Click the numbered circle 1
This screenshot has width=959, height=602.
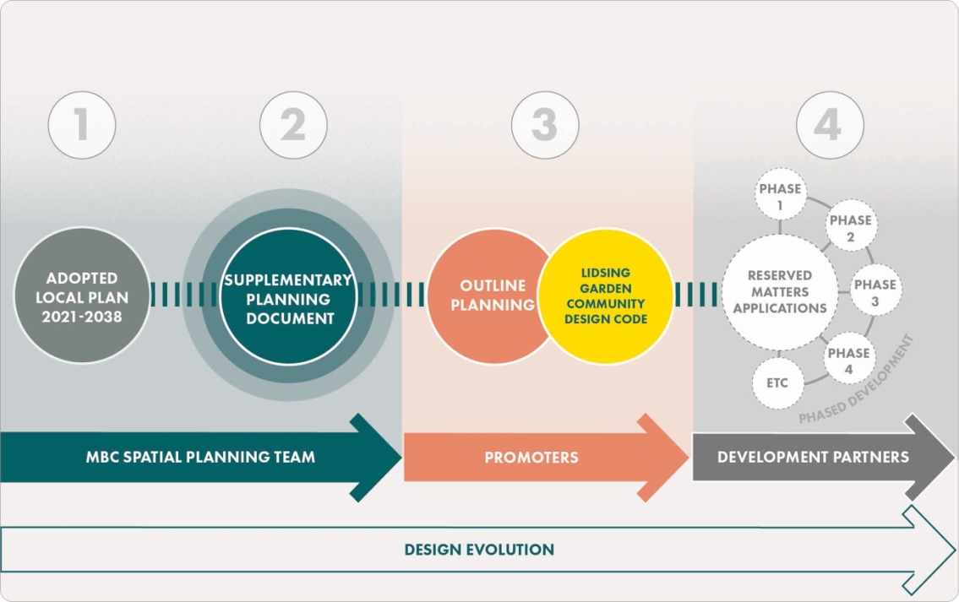click(x=81, y=125)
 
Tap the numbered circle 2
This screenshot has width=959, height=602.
click(x=292, y=125)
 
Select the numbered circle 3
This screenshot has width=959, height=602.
click(x=544, y=125)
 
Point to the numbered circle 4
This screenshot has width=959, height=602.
click(x=829, y=125)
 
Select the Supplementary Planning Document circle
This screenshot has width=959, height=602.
click(x=287, y=298)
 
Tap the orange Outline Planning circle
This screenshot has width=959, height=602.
click(x=482, y=296)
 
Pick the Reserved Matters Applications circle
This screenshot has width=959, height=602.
click(x=779, y=292)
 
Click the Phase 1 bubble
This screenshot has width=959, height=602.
click(x=779, y=195)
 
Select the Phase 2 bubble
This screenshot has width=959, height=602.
click(x=849, y=228)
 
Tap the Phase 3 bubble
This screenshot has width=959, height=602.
click(x=874, y=291)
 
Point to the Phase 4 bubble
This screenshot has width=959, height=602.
click(x=848, y=360)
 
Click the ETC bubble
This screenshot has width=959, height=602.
click(x=777, y=383)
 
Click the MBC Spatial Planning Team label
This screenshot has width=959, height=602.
click(x=200, y=457)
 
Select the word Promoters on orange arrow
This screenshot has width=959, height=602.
click(x=531, y=458)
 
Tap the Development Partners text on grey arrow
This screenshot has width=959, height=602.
click(x=812, y=457)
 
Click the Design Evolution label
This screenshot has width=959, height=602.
click(x=479, y=550)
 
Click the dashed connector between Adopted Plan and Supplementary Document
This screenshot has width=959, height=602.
click(x=183, y=295)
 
